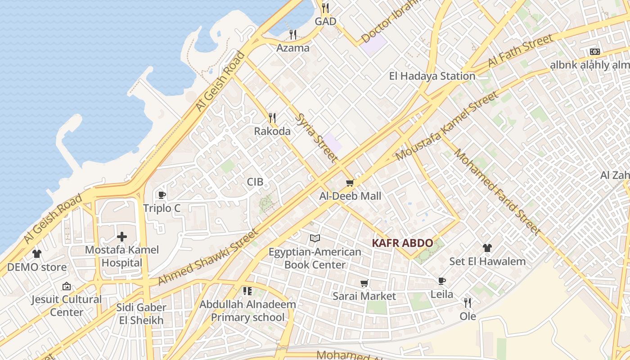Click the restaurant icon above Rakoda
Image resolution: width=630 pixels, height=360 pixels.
pos(272,118)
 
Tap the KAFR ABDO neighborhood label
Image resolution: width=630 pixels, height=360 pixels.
pos(402,243)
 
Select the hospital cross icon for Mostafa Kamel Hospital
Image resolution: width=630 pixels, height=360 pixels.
pos(121,237)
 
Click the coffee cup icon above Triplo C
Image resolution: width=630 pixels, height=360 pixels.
pos(162,195)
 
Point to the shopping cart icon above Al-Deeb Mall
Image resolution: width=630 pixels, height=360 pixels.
pos(350,183)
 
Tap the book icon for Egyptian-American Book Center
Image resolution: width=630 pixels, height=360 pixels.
pos(315,238)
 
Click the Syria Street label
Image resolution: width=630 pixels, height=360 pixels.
pos(316,137)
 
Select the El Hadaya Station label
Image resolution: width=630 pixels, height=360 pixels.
pos(432,76)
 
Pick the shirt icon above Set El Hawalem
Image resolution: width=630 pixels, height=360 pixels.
pos(487,247)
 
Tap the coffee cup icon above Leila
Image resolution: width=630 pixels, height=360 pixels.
pos(442,281)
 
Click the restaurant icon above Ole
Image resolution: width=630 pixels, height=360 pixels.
pos(468,303)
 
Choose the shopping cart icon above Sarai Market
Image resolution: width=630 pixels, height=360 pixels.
pos(364,283)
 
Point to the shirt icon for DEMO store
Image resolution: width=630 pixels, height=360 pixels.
pos(37,254)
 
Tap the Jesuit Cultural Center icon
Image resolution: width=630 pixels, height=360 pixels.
pos(67,286)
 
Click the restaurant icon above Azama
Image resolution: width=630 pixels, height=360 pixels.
pos(293,34)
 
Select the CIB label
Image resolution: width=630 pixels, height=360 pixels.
pos(255,182)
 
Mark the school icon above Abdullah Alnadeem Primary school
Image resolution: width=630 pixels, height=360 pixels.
pos(247,291)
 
